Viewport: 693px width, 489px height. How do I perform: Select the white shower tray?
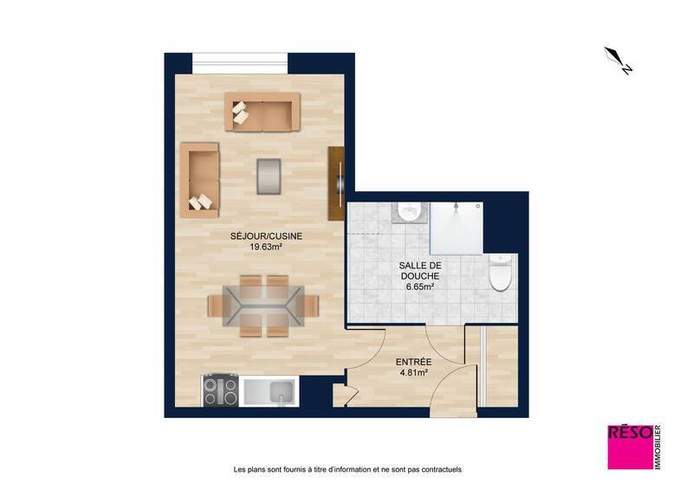coord(457,228)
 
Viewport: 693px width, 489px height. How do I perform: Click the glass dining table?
coord(263,306)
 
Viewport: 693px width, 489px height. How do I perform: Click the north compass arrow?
coord(619,60)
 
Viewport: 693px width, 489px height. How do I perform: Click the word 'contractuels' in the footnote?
coord(438,470)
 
